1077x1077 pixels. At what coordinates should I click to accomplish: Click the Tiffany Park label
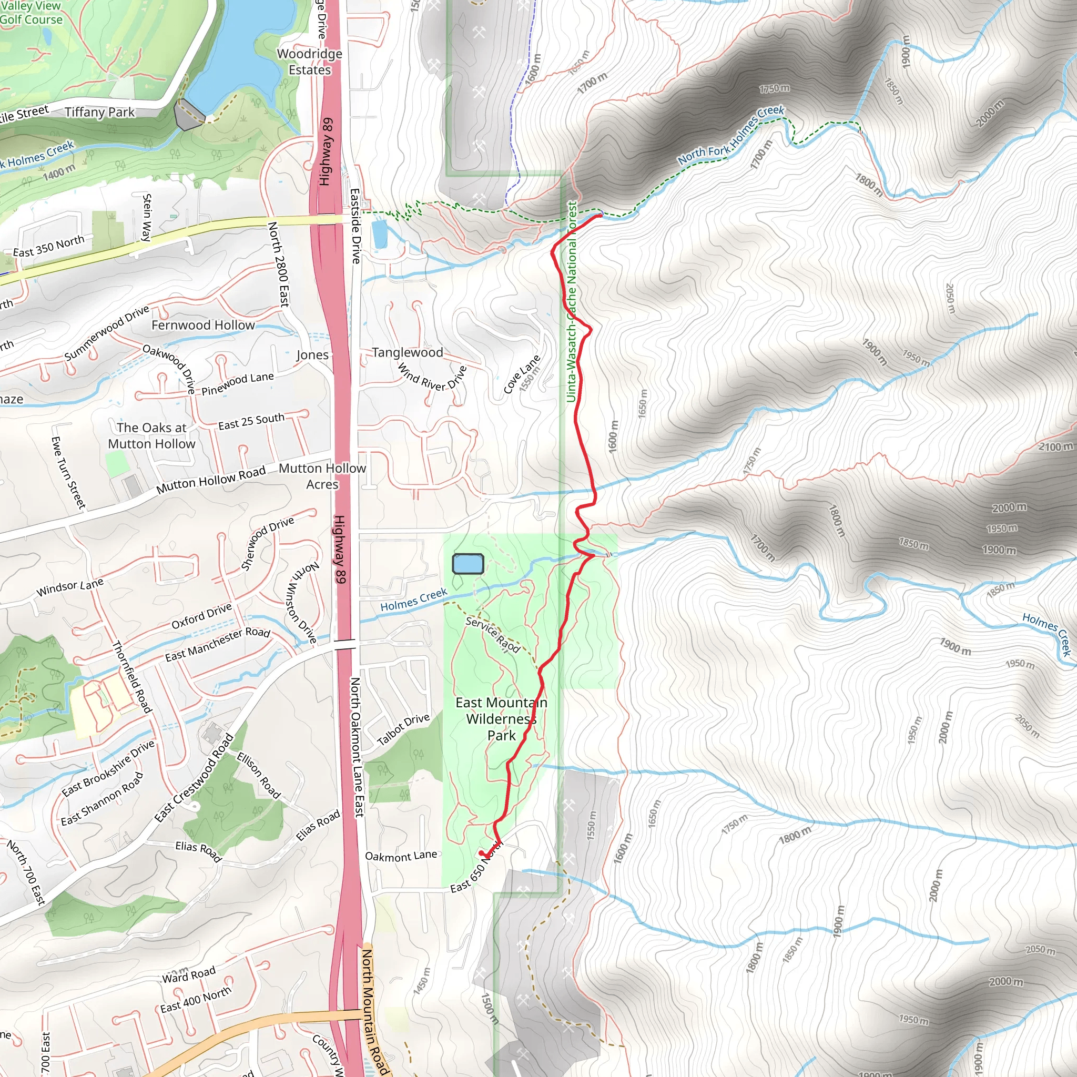(99, 112)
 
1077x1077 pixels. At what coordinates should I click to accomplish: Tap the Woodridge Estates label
(309, 62)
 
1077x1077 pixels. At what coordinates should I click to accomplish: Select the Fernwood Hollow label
(203, 325)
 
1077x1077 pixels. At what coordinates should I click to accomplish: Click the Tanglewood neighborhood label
(408, 352)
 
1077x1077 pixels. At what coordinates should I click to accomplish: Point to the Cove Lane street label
(521, 374)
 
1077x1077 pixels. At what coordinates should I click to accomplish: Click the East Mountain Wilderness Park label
(501, 718)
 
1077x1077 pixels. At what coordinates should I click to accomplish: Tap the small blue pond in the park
(468, 564)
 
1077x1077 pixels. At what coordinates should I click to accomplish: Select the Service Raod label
(493, 634)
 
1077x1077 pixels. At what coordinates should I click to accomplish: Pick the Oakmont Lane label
(401, 856)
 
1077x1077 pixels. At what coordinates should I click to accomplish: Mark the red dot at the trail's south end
(482, 853)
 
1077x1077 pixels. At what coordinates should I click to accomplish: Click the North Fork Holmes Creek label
(731, 135)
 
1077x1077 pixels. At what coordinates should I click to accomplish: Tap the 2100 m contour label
(1055, 446)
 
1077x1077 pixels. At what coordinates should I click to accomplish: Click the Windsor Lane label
(70, 587)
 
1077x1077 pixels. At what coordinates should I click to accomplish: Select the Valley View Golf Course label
(31, 13)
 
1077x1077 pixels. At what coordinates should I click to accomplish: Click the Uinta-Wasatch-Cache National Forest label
(572, 301)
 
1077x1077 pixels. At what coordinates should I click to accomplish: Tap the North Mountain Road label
(374, 1012)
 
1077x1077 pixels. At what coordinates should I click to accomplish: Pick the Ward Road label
(188, 975)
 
